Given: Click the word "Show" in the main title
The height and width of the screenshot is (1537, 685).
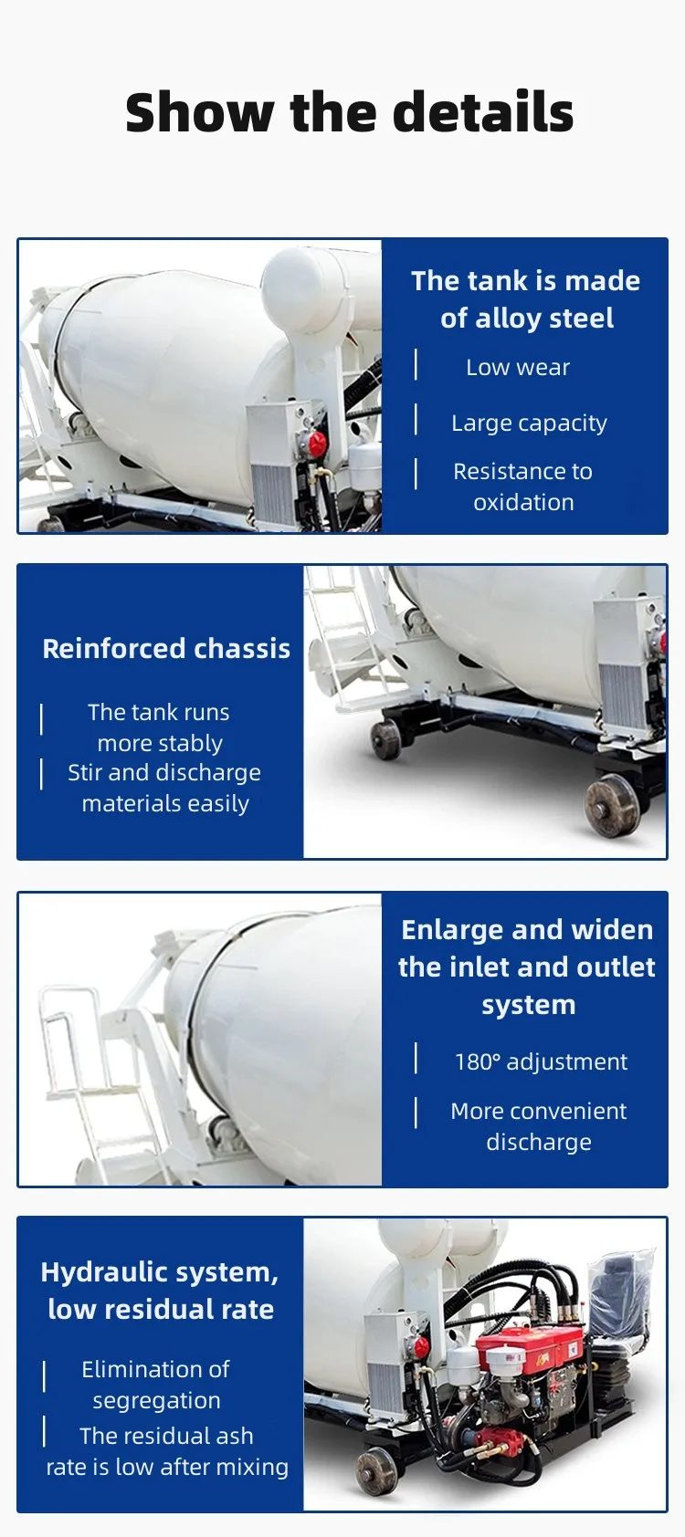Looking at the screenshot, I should tap(199, 113).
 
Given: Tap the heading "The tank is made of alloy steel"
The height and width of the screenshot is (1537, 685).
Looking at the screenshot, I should tap(526, 299).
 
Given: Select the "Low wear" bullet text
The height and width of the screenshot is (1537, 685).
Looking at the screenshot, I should tap(518, 368).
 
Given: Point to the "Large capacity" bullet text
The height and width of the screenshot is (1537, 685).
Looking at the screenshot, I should tap(529, 423).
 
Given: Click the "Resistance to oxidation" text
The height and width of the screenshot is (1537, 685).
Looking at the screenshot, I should tap(523, 486).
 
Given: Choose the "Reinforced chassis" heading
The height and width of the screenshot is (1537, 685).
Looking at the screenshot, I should tap(166, 649).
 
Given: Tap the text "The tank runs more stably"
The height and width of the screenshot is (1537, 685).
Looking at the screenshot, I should tap(159, 727).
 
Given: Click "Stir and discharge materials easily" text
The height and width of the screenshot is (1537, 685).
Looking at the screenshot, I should tap(164, 788).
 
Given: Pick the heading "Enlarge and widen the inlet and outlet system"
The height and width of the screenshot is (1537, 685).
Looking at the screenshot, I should tap(527, 967).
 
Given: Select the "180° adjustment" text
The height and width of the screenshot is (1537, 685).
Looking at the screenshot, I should tap(541, 1062).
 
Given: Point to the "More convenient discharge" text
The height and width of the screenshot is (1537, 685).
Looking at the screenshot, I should tap(539, 1126).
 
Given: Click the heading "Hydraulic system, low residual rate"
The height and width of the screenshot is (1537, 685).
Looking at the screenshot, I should tap(161, 1291).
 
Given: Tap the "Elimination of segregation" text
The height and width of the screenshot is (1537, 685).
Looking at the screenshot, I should tap(156, 1385).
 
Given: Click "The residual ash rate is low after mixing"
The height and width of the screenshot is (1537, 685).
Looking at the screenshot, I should tap(167, 1451).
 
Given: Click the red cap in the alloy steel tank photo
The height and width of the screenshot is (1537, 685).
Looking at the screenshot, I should tap(317, 444).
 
